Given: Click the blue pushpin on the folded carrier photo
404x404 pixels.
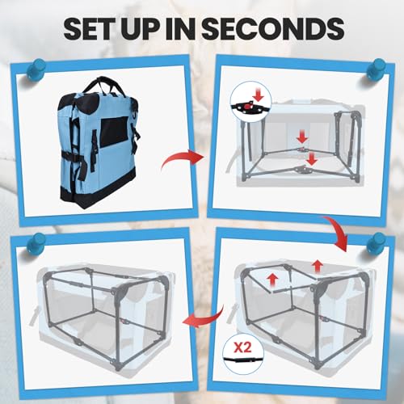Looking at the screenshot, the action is pyautogui.click(x=36, y=69).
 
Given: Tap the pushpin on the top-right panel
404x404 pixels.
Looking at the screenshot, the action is pyautogui.click(x=377, y=69).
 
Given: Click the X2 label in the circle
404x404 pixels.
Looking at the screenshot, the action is pyautogui.click(x=242, y=347).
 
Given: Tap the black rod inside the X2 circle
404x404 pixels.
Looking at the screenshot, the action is pyautogui.click(x=243, y=360).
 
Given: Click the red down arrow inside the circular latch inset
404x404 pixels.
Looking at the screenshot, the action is pyautogui.click(x=258, y=96).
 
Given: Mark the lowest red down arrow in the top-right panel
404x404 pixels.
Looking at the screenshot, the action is pyautogui.click(x=312, y=158).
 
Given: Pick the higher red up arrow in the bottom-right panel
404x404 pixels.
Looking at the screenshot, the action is pyautogui.click(x=318, y=266).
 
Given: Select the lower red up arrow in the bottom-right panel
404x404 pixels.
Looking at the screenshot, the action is pyautogui.click(x=273, y=280).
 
